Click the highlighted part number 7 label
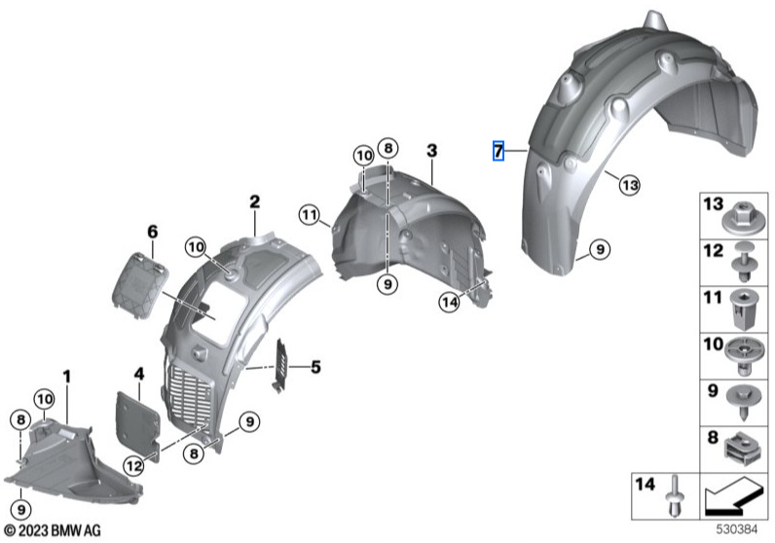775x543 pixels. click(x=498, y=151)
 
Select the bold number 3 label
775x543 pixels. click(x=431, y=151)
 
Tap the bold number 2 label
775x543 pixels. click(x=254, y=202)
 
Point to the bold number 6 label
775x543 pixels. click(x=152, y=232)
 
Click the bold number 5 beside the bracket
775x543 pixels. click(x=314, y=367)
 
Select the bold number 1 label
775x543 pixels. click(x=67, y=376)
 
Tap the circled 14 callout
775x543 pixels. click(x=448, y=303)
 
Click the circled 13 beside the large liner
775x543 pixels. click(x=629, y=185)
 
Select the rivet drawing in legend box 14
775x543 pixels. click(x=675, y=493)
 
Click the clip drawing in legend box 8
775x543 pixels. click(x=743, y=449)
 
